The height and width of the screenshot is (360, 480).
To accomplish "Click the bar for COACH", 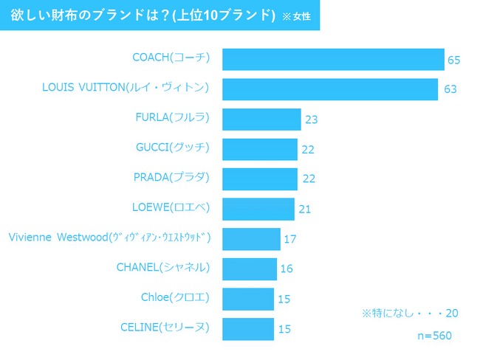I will pyautogui.click(x=333, y=59).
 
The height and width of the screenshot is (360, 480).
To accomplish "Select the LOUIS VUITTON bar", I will pyautogui.click(x=330, y=89).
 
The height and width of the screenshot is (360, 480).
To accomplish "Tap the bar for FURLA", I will pyautogui.click(x=261, y=119).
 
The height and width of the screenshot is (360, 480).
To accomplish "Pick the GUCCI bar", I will pyautogui.click(x=260, y=149).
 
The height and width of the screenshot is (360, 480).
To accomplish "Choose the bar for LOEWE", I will pyautogui.click(x=258, y=209).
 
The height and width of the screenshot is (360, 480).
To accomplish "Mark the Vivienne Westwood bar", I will pyautogui.click(x=251, y=239).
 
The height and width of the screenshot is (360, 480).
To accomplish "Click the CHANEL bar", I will pyautogui.click(x=250, y=269).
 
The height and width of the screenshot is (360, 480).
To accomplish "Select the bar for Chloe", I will pyautogui.click(x=248, y=299).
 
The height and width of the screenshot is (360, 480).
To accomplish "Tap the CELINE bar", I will pyautogui.click(x=248, y=328).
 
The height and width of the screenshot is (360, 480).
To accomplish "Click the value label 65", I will pyautogui.click(x=454, y=60).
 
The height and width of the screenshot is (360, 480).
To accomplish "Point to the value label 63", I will pyautogui.click(x=450, y=89).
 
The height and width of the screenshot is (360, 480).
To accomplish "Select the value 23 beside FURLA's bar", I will pyautogui.click(x=312, y=120).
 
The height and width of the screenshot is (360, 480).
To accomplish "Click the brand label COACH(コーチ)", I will pyautogui.click(x=171, y=57).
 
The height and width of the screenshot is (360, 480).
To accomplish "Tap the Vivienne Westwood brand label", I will pyautogui.click(x=109, y=237).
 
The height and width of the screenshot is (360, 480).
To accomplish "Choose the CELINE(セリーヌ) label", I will pyautogui.click(x=165, y=326).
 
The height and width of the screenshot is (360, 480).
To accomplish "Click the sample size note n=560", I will pyautogui.click(x=434, y=336).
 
